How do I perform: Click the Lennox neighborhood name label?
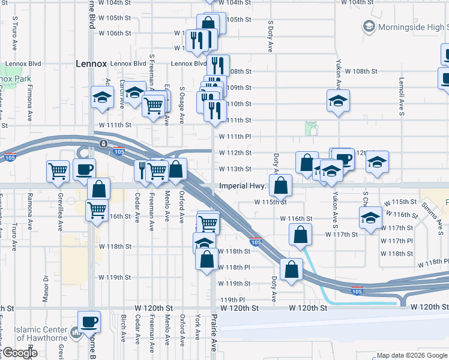[x=91, y=63]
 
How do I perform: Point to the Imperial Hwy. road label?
[x=243, y=186]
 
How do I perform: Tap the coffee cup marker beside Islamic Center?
[x=89, y=322]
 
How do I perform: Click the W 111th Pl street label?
[x=234, y=137]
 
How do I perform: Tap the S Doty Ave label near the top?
[x=271, y=37]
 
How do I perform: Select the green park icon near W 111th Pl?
[x=310, y=127]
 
